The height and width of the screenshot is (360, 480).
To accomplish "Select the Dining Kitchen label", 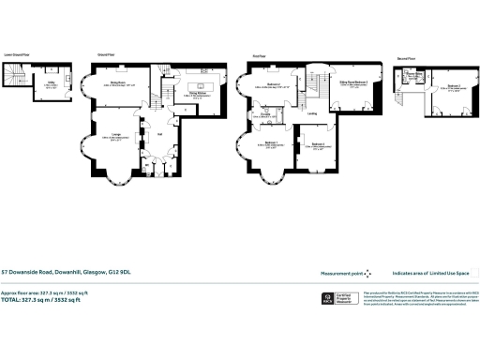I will (x=197, y=94).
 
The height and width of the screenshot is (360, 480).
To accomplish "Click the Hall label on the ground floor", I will (x=159, y=133).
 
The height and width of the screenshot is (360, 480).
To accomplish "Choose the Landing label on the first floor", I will (x=310, y=114).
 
